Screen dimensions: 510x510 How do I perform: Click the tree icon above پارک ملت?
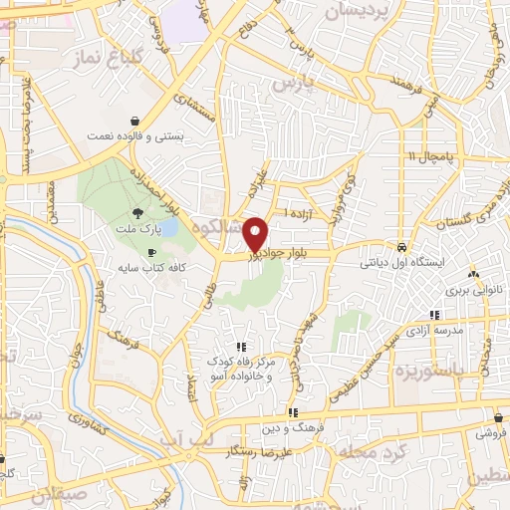coord(136,212)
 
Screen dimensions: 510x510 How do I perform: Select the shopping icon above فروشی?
coord(496,417)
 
